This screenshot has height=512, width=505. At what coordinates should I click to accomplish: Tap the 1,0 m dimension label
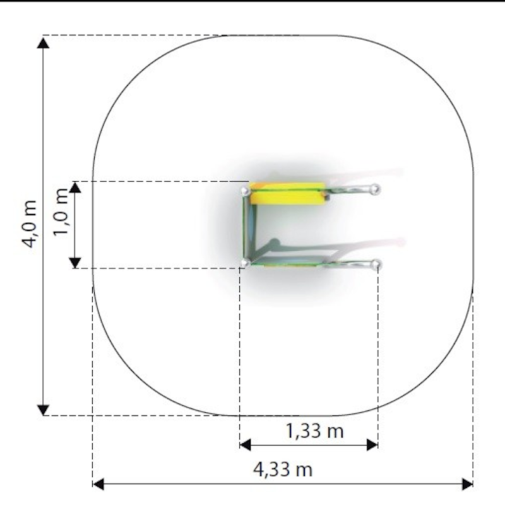tap(61, 211)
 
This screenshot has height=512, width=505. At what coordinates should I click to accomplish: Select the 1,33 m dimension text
tap(315, 431)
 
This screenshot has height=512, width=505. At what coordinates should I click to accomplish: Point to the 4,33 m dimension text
tap(283, 470)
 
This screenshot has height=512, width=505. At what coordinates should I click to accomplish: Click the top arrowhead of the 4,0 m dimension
tap(43, 43)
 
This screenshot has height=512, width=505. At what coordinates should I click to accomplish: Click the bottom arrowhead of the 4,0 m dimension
tap(43, 410)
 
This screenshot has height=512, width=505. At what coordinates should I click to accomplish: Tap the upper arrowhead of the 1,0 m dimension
tap(75, 187)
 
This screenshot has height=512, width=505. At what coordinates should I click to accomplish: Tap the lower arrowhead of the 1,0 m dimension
tap(75, 263)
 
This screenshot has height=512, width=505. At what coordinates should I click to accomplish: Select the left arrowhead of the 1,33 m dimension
tap(245, 444)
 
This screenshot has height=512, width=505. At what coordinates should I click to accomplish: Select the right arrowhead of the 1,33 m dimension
tap(372, 444)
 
